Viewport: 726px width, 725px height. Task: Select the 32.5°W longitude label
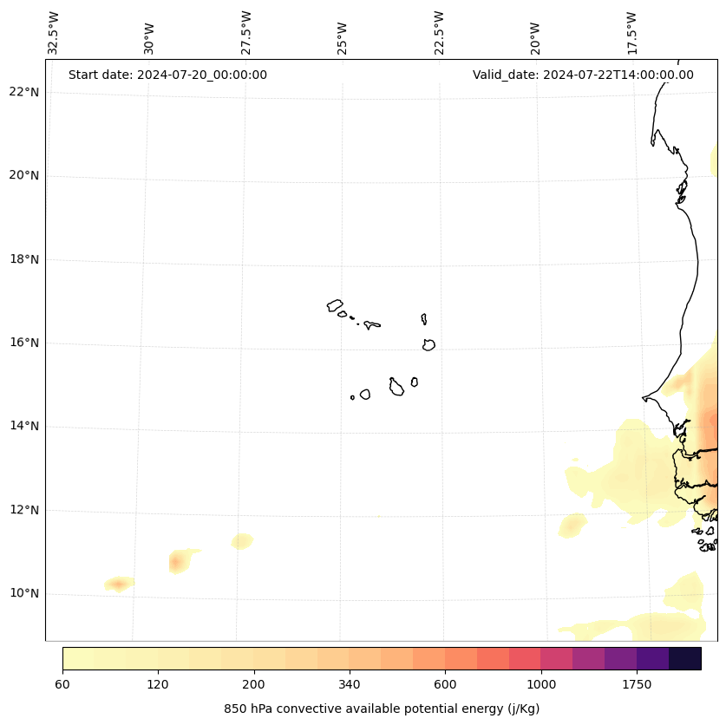[53, 33]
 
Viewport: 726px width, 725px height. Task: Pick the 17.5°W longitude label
[631, 33]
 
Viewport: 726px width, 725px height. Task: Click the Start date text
[167, 75]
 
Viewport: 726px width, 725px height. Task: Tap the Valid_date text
[583, 75]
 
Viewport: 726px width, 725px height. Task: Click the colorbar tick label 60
[62, 685]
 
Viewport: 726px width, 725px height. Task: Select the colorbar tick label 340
[349, 685]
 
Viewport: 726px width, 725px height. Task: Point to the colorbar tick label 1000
[540, 685]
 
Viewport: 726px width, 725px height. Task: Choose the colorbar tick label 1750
[637, 685]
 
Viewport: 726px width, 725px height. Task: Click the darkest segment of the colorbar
[684, 658]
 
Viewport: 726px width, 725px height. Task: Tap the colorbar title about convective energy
[382, 709]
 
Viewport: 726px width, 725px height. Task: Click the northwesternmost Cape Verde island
[335, 305]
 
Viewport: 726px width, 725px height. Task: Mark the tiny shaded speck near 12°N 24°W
[377, 516]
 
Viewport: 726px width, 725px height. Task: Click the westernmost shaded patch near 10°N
[119, 584]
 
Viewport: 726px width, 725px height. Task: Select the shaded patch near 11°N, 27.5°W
[242, 541]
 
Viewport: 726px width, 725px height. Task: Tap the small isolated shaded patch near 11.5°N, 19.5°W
[572, 525]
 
